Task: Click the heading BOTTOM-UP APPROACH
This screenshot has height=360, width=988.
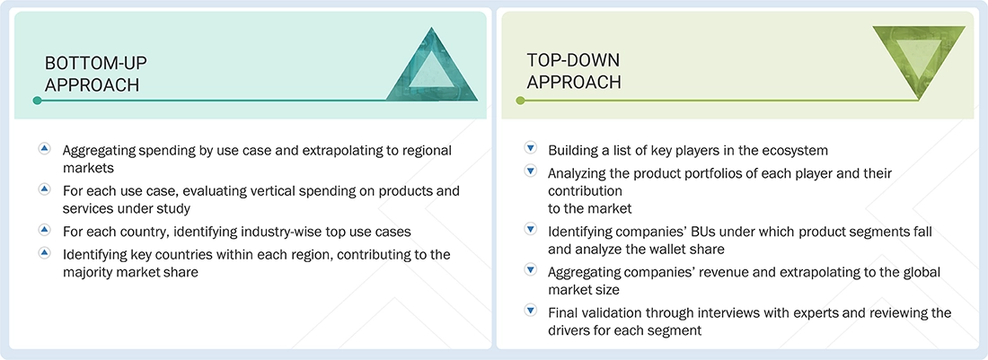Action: point(96,74)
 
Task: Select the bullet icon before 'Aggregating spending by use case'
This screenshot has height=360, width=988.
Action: point(44,148)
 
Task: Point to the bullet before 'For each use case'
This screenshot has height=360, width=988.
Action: point(44,189)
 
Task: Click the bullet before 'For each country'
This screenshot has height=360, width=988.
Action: point(44,230)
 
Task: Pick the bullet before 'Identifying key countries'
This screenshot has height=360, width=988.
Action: point(44,253)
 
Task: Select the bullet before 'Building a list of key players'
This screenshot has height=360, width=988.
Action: point(530,148)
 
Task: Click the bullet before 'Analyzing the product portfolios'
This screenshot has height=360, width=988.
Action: point(530,171)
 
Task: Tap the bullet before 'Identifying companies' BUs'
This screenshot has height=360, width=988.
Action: point(530,230)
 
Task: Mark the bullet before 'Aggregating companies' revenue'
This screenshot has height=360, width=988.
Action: point(530,271)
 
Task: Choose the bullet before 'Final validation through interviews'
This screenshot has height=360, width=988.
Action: point(530,312)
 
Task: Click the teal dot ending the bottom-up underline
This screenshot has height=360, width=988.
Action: point(37,101)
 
